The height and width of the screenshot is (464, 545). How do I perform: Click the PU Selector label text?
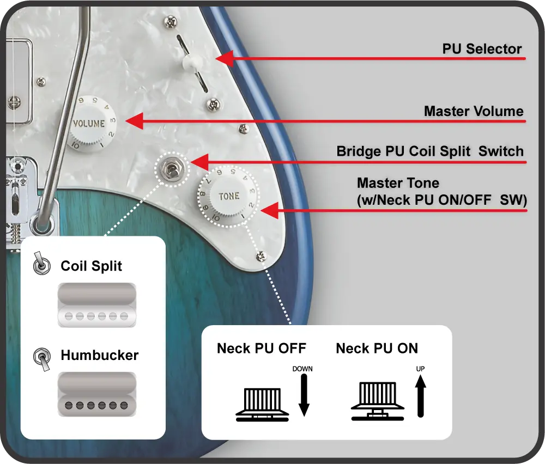[x=482, y=49]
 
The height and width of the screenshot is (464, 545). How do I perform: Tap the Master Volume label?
[x=473, y=112]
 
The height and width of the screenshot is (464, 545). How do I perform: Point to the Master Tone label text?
[x=398, y=183]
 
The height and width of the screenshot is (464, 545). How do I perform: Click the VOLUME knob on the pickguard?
[x=89, y=124]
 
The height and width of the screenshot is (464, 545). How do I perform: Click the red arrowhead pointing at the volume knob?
[x=134, y=121]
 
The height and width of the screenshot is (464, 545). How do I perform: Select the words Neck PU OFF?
[x=262, y=349]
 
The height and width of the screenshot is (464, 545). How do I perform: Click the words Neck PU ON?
[x=377, y=349]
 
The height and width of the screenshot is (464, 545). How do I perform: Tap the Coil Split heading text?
[x=92, y=266]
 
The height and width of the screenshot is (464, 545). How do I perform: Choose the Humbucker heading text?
[x=99, y=356]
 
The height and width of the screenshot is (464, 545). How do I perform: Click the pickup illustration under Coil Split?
[x=96, y=305]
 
